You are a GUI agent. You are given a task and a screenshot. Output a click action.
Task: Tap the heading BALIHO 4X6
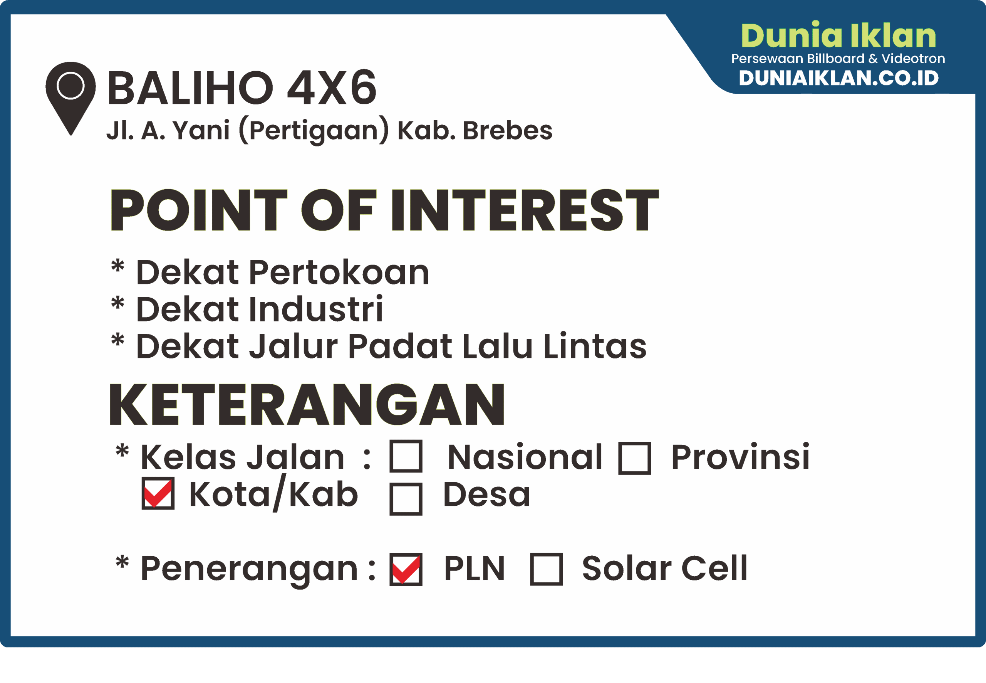(242, 88)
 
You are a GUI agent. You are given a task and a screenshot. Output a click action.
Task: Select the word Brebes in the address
(508, 130)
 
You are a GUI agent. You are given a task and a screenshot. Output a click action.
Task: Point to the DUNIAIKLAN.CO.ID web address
(838, 78)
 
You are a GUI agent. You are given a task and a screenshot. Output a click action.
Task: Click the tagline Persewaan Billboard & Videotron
(838, 58)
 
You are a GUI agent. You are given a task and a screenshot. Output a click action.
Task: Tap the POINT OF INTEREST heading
(384, 210)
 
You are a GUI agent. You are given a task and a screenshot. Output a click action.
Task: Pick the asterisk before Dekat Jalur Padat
(117, 341)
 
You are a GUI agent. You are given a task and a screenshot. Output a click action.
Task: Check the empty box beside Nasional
(406, 456)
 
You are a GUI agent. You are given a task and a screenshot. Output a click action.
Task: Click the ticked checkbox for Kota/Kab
(158, 493)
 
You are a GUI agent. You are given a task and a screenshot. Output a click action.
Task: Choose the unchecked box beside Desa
(406, 499)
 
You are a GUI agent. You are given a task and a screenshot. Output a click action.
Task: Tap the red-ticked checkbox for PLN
(406, 569)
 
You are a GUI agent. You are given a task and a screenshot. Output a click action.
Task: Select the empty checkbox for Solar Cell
(546, 569)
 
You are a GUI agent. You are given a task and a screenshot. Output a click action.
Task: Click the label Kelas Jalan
(242, 457)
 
